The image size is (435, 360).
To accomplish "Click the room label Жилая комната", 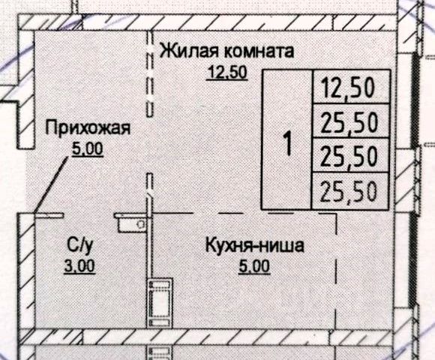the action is click(226, 51).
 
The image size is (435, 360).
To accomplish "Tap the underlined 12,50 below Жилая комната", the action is click(227, 73).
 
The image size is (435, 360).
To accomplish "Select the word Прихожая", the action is click(88, 127).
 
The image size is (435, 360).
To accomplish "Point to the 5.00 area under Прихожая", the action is click(88, 149).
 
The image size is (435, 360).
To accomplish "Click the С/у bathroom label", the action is click(79, 245).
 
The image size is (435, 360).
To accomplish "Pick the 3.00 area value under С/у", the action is click(79, 266).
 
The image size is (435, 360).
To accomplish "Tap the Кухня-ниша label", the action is click(254, 246).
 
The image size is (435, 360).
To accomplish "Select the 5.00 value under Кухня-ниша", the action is click(254, 267).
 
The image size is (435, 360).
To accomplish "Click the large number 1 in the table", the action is click(288, 142).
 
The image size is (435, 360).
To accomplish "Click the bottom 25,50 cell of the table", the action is click(349, 190).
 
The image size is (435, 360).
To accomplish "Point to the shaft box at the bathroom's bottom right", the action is click(160, 304).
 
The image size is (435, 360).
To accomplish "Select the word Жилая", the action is click(187, 51).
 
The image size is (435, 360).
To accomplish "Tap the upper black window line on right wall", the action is click(415, 100).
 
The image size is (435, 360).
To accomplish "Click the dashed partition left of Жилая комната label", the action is click(150, 73).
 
